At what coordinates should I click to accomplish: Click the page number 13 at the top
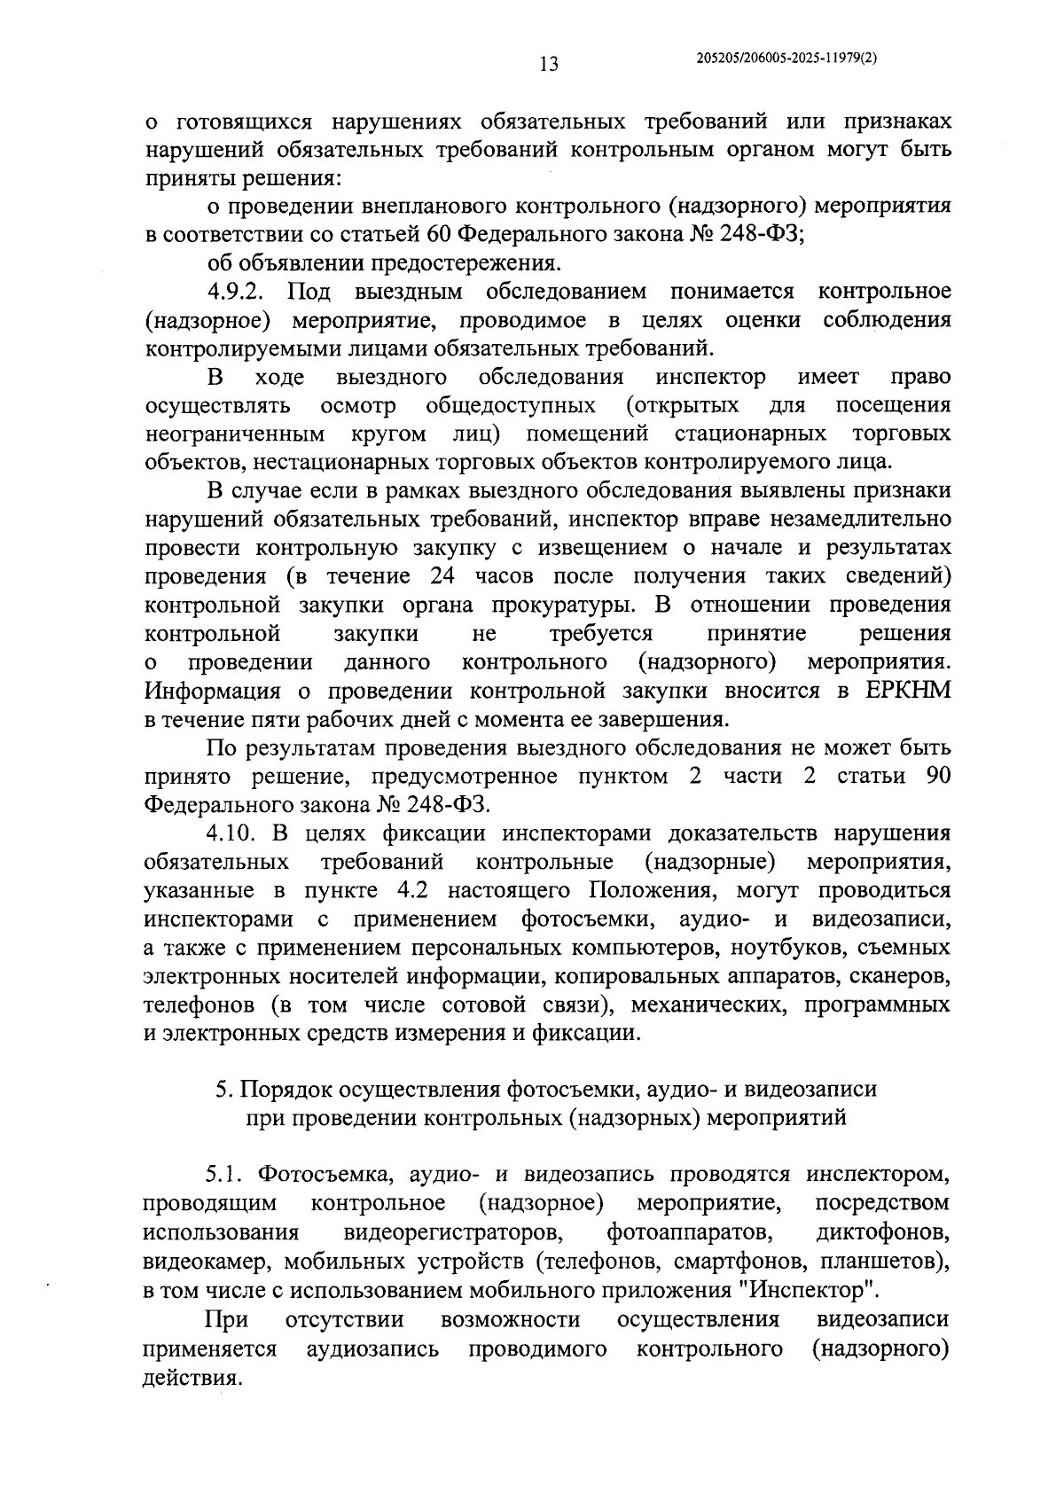(548, 65)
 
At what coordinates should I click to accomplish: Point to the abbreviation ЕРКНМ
(906, 691)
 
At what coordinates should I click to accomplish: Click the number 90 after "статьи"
(937, 777)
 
